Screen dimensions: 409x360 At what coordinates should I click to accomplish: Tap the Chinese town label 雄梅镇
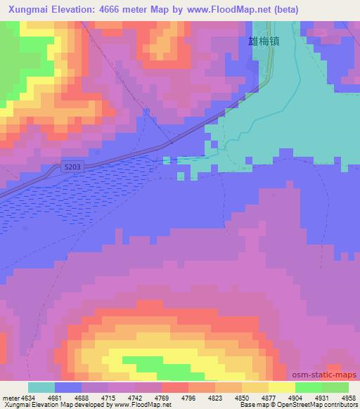(x=264, y=41)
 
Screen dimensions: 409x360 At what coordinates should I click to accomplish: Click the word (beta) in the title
(x=281, y=10)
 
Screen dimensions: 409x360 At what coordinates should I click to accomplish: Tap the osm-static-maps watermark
(x=328, y=375)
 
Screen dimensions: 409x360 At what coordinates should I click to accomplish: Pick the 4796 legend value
(x=188, y=398)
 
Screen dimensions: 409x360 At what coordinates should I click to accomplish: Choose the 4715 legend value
(x=108, y=398)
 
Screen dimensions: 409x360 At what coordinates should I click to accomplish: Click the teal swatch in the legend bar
(x=41, y=387)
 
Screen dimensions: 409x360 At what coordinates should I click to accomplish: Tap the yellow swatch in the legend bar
(x=281, y=387)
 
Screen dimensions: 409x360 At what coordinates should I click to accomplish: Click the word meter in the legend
(x=11, y=398)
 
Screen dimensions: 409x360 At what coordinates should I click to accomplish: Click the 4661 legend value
(x=54, y=398)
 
